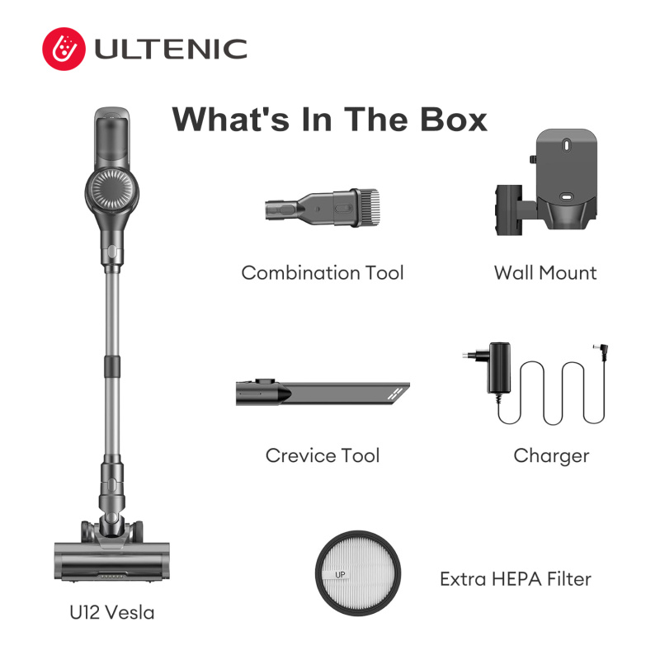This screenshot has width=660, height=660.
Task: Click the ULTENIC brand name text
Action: click(171, 49)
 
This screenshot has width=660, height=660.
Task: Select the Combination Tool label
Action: click(323, 273)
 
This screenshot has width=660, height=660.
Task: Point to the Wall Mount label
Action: click(545, 273)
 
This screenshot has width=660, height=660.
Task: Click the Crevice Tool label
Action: click(323, 455)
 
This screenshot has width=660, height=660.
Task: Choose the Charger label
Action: click(551, 455)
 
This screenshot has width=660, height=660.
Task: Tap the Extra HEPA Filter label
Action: click(516, 579)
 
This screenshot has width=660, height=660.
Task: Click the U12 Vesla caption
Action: click(112, 613)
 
